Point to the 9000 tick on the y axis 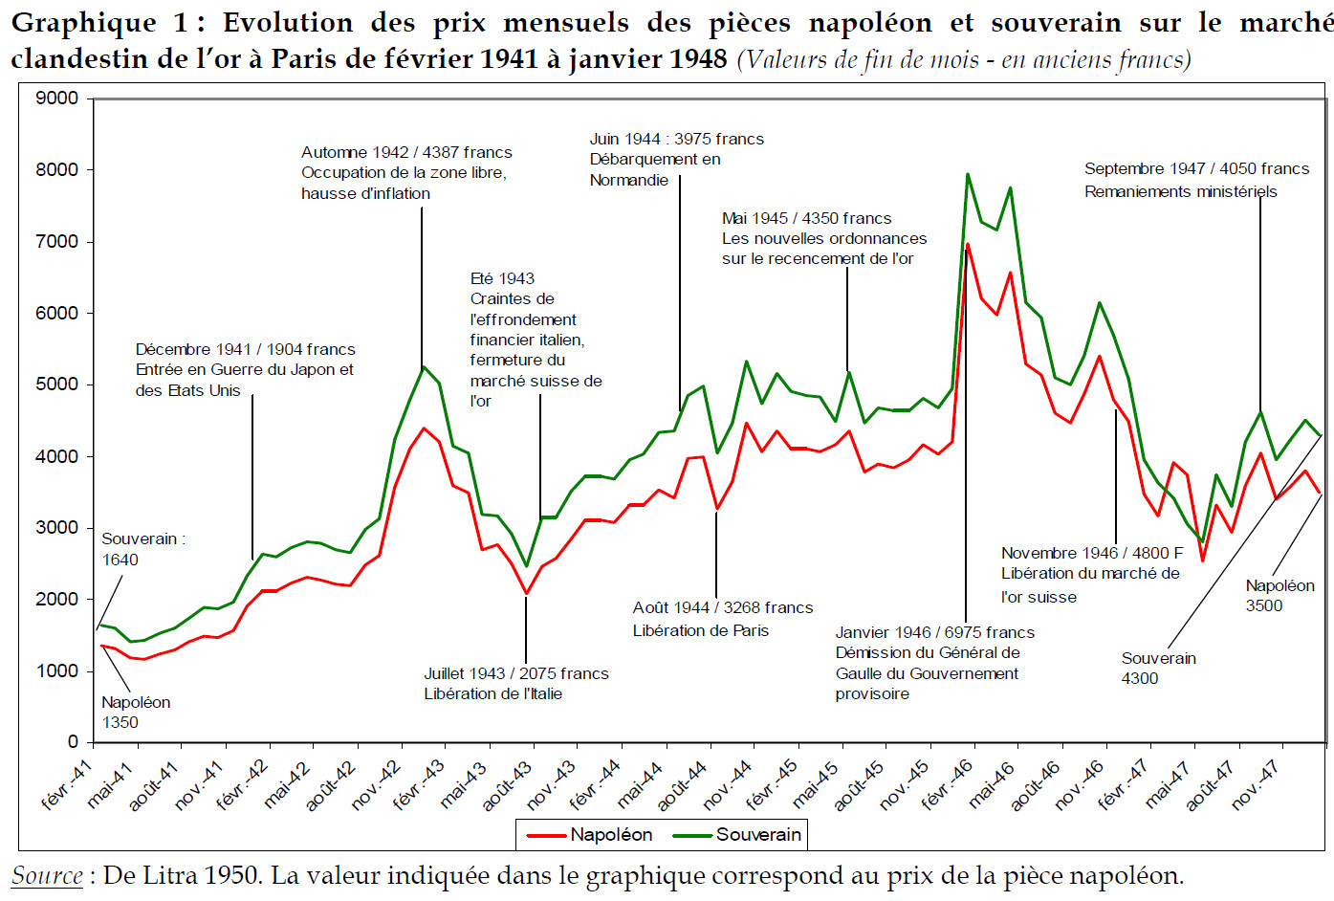(57, 99)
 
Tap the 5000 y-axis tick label (57, 385)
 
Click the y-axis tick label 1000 (57, 671)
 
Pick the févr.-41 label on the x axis (67, 784)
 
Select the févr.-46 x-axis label (947, 784)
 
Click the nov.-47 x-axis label (1256, 784)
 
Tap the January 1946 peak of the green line (968, 174)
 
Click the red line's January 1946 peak (968, 244)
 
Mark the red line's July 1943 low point (526, 593)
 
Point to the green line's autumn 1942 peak (424, 366)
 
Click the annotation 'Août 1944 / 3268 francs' (722, 608)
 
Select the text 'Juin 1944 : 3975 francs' (676, 140)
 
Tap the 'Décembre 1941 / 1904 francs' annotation (245, 350)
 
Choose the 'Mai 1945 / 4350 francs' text (806, 219)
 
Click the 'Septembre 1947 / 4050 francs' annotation (1196, 169)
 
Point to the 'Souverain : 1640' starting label (142, 549)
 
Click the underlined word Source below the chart (47, 876)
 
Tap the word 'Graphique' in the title (84, 23)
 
